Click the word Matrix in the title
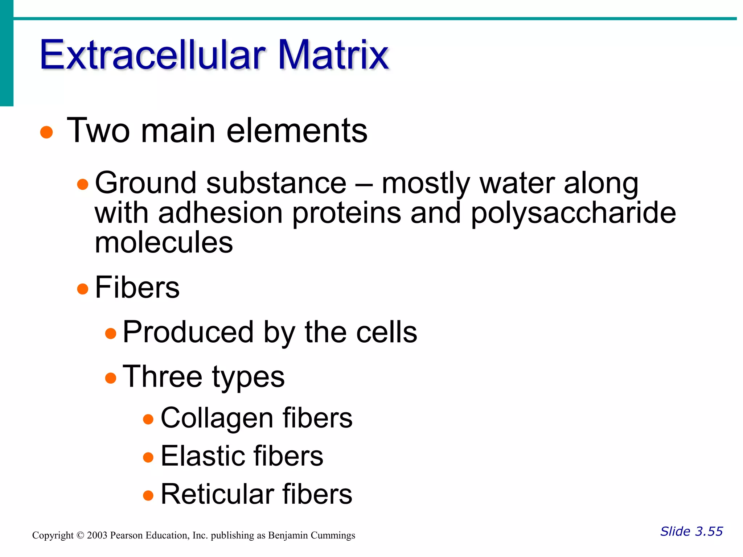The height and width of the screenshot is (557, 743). pos(333,55)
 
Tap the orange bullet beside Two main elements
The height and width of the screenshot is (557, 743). pos(46,132)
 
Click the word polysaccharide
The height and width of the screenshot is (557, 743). pos(573,214)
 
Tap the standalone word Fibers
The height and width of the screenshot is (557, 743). pos(137,287)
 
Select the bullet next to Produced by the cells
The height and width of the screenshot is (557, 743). pos(111,333)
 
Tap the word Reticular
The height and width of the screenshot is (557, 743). pos(217,494)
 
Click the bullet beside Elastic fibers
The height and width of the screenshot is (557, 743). pos(148,457)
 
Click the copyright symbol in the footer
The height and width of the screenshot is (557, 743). pos(80,536)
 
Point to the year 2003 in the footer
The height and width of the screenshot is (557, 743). pos(97,536)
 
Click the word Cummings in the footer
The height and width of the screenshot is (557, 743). pos(333,536)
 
